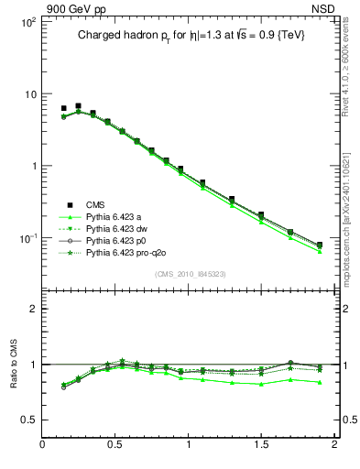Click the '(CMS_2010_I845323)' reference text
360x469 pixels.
point(190,274)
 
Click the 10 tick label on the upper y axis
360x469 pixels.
point(28,94)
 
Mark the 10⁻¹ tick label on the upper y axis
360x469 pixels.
point(27,238)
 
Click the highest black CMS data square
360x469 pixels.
point(78,106)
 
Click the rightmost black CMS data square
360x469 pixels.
point(320,245)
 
